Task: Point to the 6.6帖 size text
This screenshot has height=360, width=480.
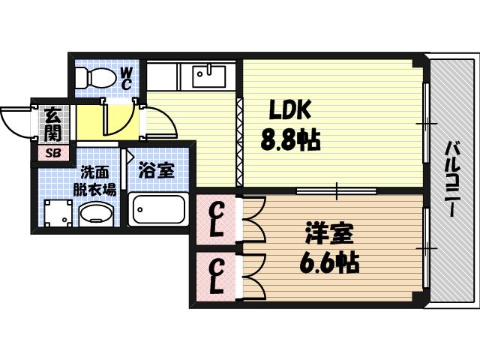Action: tap(330, 262)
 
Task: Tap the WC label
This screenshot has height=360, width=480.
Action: tap(126, 77)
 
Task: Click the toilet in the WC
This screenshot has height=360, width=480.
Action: tap(95, 77)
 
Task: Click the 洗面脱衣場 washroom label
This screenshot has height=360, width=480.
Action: tap(94, 180)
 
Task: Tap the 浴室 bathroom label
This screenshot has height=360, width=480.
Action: tap(157, 172)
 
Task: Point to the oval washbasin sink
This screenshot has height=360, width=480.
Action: tap(94, 215)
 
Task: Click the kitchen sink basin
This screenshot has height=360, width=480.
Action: tap(207, 76)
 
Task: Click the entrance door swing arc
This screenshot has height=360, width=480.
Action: tap(16, 121)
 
